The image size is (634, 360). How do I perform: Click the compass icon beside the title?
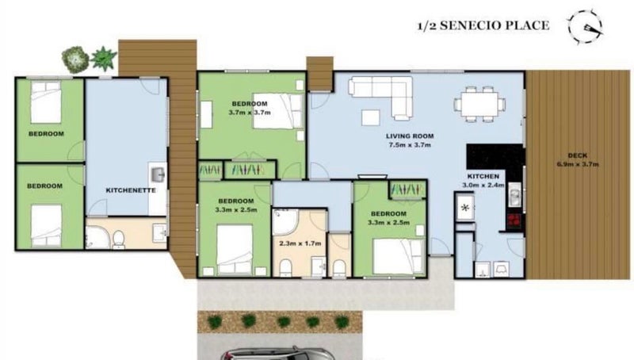tap(586, 25)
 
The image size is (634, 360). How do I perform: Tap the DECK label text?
tap(578, 155)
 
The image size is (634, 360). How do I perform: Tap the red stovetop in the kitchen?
tap(513, 219)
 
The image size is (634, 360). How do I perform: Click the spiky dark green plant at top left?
tap(103, 58)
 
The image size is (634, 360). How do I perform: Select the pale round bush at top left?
tap(75, 58)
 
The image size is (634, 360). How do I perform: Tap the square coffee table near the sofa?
tap(370, 117)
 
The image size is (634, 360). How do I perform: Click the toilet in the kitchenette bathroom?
tap(116, 237)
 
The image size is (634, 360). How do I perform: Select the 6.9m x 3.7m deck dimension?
tap(578, 165)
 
